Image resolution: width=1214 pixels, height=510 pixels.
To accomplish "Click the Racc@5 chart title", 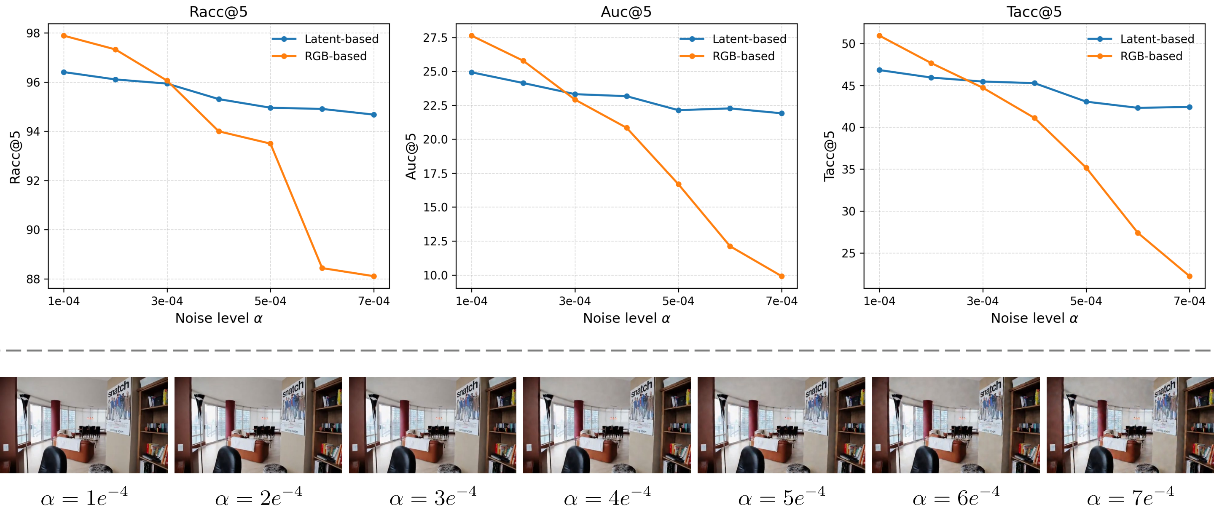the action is pyautogui.click(x=218, y=12).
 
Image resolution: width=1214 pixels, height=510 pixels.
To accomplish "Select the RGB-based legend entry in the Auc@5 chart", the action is pyautogui.click(x=743, y=56).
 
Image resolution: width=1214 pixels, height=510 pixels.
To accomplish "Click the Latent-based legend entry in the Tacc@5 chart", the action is pyautogui.click(x=1157, y=39).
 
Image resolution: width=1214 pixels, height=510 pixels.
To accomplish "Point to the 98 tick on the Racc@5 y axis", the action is pyautogui.click(x=33, y=33).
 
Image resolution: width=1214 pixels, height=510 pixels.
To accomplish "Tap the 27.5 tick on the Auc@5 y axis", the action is pyautogui.click(x=435, y=38).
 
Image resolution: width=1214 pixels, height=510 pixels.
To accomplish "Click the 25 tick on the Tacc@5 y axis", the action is pyautogui.click(x=848, y=254).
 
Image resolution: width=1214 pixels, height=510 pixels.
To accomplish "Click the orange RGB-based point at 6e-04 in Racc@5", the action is pyautogui.click(x=322, y=268).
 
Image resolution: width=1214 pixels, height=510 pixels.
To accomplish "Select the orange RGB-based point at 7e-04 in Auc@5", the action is pyautogui.click(x=782, y=276).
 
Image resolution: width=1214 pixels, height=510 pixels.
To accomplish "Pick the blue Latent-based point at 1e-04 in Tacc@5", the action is pyautogui.click(x=879, y=70).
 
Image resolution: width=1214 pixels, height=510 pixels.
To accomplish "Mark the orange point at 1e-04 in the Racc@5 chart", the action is pyautogui.click(x=64, y=36).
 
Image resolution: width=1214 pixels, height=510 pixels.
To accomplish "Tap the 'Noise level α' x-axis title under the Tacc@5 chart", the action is pyautogui.click(x=1034, y=318).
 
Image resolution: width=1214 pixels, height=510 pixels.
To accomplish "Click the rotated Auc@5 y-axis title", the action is pyautogui.click(x=411, y=156).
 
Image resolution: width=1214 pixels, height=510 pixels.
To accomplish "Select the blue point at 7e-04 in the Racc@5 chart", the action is pyautogui.click(x=374, y=115).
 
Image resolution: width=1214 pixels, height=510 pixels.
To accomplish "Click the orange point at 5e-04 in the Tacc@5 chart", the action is pyautogui.click(x=1086, y=168).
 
